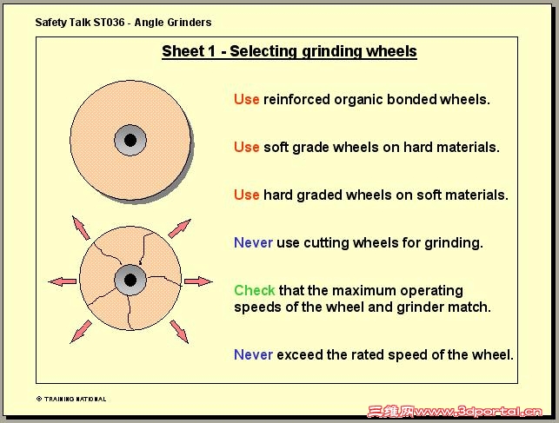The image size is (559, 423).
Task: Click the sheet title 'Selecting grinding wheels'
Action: [x=323, y=51]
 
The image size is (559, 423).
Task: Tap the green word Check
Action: [x=255, y=291]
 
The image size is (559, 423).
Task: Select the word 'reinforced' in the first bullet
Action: [x=296, y=99]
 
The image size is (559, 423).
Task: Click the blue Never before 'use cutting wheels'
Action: [x=254, y=243]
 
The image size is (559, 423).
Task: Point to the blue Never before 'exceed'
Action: [x=254, y=355]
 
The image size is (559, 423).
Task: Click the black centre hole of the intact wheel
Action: [x=130, y=141]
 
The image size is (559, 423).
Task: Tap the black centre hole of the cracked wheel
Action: [x=130, y=281]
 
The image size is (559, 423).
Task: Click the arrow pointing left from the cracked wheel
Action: [x=63, y=281]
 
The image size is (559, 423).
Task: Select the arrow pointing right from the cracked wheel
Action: [x=198, y=281]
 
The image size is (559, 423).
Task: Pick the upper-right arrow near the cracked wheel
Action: [x=179, y=228]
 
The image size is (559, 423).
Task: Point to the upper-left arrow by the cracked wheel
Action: [x=81, y=228]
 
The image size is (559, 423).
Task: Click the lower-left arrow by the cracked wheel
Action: [x=81, y=332]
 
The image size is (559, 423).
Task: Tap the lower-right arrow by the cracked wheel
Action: [x=179, y=332]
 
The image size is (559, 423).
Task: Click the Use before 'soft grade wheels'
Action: [x=246, y=147]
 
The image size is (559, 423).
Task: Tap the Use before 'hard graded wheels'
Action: [x=246, y=195]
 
